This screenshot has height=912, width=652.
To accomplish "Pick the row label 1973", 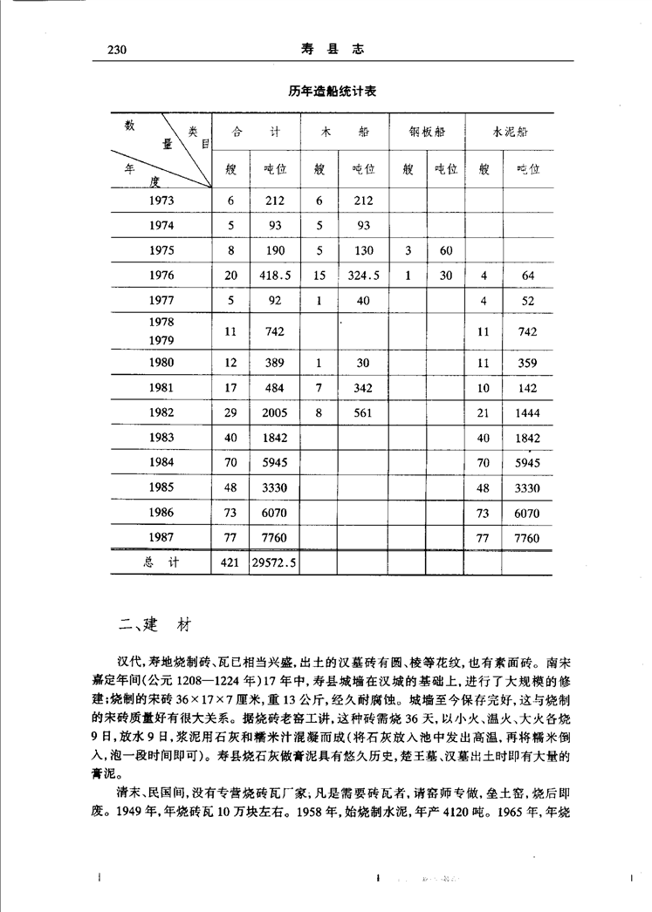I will click(161, 201).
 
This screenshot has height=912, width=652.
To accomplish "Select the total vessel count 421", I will click(231, 563).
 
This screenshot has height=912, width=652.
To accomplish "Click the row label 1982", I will click(161, 412).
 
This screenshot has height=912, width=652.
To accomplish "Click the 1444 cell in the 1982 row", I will click(527, 412).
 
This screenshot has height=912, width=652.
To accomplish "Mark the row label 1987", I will click(161, 538).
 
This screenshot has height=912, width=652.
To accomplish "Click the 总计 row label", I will click(161, 563).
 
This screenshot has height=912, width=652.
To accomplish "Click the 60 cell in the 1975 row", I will click(446, 251).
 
